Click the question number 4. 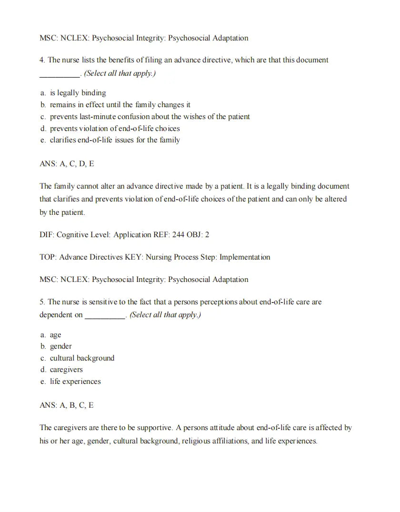tap(42, 60)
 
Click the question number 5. tap(42, 302)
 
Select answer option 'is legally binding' tap(78, 93)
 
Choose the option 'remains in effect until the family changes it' tap(120, 105)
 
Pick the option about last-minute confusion tap(150, 117)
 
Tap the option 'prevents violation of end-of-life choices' tap(115, 129)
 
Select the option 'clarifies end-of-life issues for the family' tap(115, 140)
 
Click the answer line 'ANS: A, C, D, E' tap(67, 164)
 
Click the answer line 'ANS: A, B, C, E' tap(67, 405)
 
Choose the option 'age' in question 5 tap(55, 335)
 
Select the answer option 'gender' tap(60, 346)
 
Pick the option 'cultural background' tap(82, 358)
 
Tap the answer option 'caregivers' tap(66, 370)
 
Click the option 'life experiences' tap(75, 381)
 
